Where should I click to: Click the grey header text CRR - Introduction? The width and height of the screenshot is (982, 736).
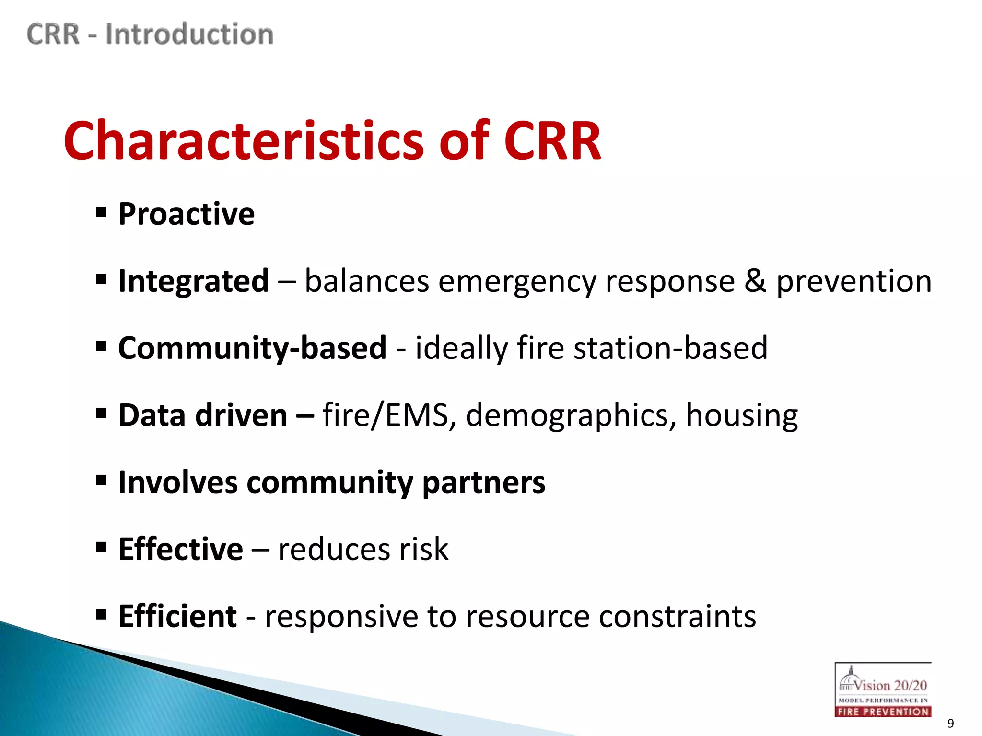point(150,34)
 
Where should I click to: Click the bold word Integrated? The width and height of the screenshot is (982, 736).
point(193,281)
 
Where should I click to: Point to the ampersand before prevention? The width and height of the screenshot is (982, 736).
point(755,281)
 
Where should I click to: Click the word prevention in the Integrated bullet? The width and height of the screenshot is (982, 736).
point(854,282)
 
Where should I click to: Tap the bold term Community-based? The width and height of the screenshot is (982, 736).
point(252,348)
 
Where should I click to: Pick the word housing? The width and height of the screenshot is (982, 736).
point(741,416)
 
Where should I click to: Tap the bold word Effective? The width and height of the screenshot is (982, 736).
point(180,549)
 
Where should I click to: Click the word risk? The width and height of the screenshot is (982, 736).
point(424,549)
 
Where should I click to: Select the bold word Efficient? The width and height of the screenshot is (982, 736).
point(177,616)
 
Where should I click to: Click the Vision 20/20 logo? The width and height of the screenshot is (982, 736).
point(883,690)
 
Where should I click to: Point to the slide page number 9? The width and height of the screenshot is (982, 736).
point(950,723)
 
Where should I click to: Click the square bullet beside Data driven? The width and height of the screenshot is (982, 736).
point(101,413)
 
